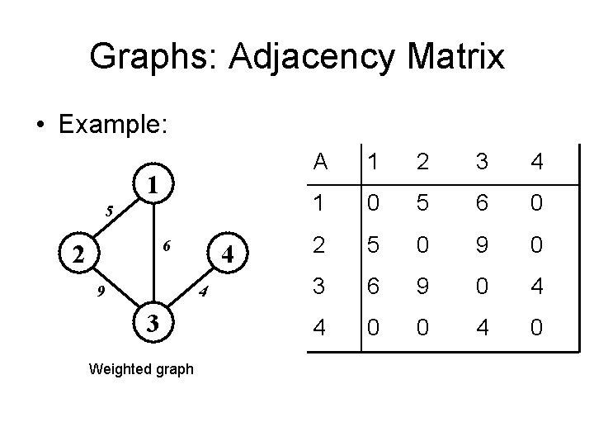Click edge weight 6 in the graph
(167, 246)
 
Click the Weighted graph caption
(140, 369)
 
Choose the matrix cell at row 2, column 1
(373, 245)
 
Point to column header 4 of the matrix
(537, 163)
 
